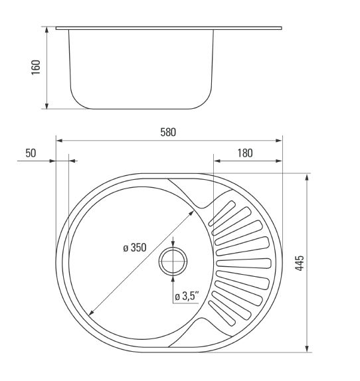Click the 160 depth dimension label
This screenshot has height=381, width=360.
pyautogui.click(x=35, y=67)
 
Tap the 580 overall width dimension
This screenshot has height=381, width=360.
pyautogui.click(x=168, y=133)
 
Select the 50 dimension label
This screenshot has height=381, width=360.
pyautogui.click(x=31, y=153)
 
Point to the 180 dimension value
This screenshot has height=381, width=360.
pyautogui.click(x=245, y=153)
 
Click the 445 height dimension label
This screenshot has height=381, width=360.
pyautogui.click(x=300, y=263)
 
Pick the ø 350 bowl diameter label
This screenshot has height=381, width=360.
pyautogui.click(x=135, y=248)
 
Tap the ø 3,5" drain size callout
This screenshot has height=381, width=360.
pyautogui.click(x=187, y=296)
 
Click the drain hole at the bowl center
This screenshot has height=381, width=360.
pyautogui.click(x=173, y=262)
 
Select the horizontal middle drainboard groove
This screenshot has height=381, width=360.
pyautogui.click(x=244, y=264)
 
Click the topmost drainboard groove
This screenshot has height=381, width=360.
pyautogui.click(x=222, y=213)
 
